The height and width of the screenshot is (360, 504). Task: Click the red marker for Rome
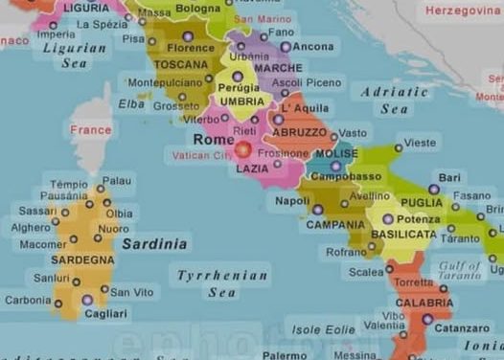pyautogui.click(x=243, y=149)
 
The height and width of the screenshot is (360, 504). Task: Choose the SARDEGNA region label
pyautogui.click(x=82, y=259)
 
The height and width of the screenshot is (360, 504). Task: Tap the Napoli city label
pyautogui.click(x=292, y=201)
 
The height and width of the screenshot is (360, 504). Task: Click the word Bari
pyautogui.click(x=449, y=178)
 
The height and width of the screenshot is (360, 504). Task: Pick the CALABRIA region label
pyautogui.click(x=424, y=303)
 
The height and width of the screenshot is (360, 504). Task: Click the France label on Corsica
pyautogui.click(x=91, y=130)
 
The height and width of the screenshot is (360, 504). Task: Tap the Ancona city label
pyautogui.click(x=313, y=46)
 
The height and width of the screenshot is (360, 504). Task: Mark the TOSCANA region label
pyautogui.click(x=181, y=65)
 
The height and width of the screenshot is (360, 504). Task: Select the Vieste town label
pyautogui.click(x=420, y=143)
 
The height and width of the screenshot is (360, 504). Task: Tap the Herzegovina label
pyautogui.click(x=463, y=11)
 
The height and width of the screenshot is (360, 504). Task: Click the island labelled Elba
pyautogui.click(x=132, y=103)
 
